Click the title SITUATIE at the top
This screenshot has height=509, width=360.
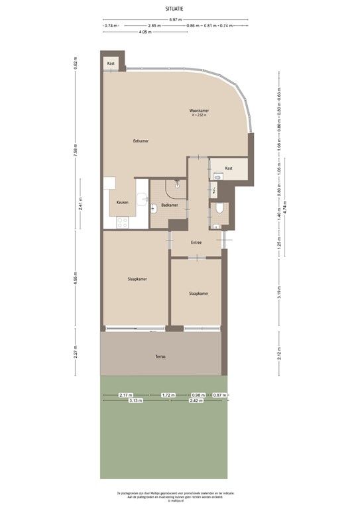click(175, 8)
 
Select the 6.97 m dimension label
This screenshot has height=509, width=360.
click(175, 20)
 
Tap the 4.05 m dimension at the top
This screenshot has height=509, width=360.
click(143, 32)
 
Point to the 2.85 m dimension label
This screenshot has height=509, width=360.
click(156, 26)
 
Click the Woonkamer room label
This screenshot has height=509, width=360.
click(198, 110)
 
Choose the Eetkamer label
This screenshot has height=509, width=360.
click(140, 141)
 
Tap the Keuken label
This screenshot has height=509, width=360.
click(122, 202)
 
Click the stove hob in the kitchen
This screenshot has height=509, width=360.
click(122, 223)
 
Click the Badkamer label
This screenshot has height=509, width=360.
click(169, 205)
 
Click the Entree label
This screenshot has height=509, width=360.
click(196, 242)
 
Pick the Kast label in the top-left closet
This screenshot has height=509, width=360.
click(110, 63)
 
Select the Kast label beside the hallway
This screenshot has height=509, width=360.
click(229, 168)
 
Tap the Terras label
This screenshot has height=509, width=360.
click(160, 357)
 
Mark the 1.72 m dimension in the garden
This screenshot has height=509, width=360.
click(168, 395)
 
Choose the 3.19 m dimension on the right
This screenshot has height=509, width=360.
click(279, 293)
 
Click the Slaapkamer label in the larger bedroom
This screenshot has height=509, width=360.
click(137, 279)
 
